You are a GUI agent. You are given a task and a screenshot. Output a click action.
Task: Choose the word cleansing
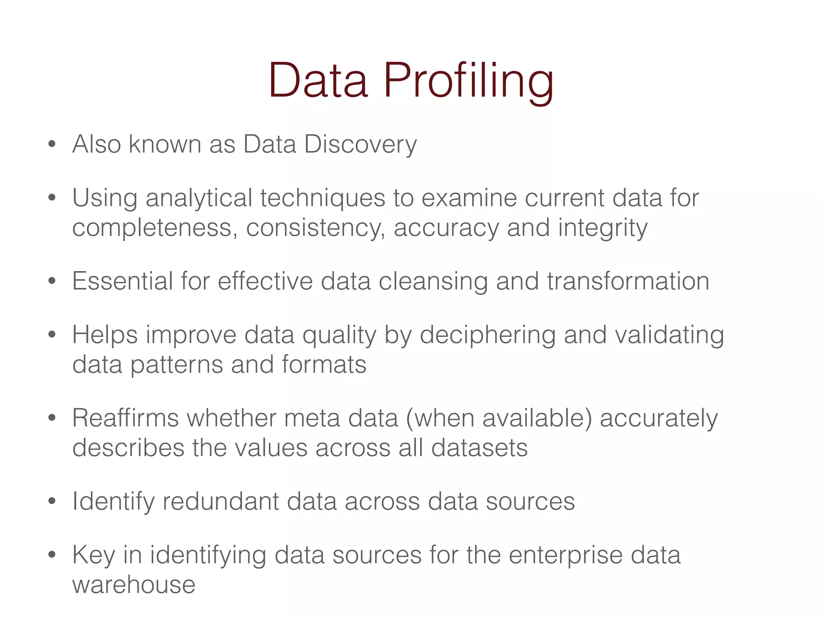tap(433, 282)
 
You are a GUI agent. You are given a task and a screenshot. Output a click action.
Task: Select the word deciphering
tap(487, 335)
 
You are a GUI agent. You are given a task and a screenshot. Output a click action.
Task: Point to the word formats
tap(324, 365)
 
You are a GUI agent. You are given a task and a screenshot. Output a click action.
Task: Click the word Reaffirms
tap(125, 418)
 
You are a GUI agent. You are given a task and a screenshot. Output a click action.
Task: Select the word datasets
tap(479, 448)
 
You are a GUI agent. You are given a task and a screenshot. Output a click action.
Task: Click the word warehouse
tap(134, 585)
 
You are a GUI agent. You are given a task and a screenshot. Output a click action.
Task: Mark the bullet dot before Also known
tap(51, 144)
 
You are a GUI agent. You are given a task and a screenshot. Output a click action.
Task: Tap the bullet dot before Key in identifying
tap(51, 555)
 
